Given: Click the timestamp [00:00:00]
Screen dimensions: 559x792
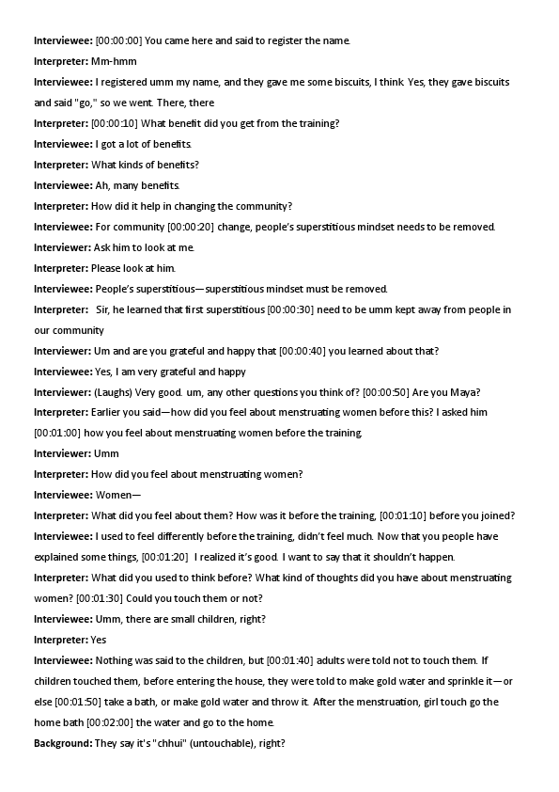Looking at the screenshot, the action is (x=118, y=40).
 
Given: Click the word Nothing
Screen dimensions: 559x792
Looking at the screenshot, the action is (x=116, y=660).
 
